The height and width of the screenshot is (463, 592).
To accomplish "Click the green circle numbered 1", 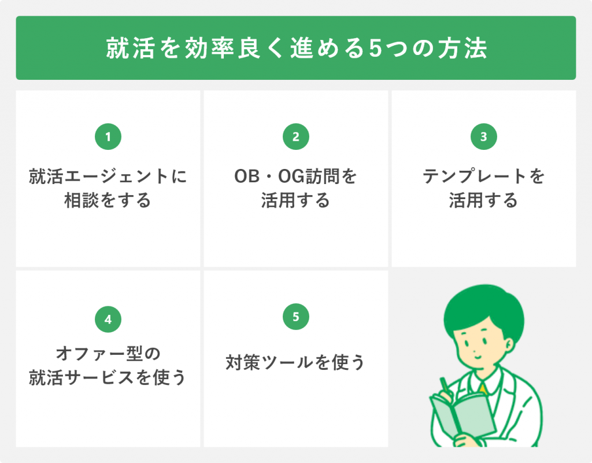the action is click(x=108, y=137).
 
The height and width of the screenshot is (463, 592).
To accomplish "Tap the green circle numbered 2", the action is click(x=296, y=137).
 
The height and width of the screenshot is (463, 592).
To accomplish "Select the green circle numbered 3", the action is click(x=484, y=137).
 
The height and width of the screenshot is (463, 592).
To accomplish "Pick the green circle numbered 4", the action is click(x=108, y=319).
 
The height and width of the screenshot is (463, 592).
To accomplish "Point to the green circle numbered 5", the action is click(x=296, y=317).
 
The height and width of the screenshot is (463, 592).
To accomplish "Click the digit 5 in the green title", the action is click(x=375, y=49).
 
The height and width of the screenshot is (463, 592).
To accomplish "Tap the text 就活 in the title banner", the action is click(x=130, y=48).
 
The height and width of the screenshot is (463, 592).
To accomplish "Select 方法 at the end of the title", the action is click(x=462, y=48).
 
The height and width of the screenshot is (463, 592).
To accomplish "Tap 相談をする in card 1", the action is click(x=108, y=200).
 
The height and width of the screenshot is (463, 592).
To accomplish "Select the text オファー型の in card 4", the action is click(x=108, y=354).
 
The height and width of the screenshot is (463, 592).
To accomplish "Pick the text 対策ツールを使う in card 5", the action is click(x=295, y=362).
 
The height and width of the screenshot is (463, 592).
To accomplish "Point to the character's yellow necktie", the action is click(x=483, y=388).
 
